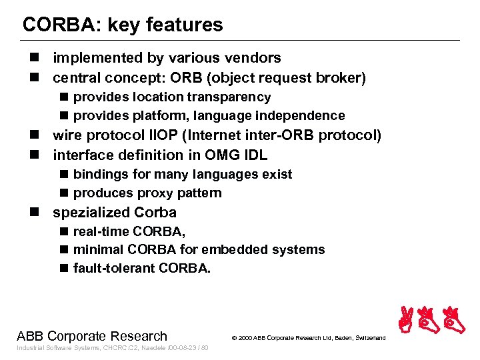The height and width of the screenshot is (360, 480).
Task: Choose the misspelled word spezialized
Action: coord(91,213)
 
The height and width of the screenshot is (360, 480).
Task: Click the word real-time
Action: coord(101,231)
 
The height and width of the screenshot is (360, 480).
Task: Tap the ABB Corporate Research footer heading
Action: coord(91,336)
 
